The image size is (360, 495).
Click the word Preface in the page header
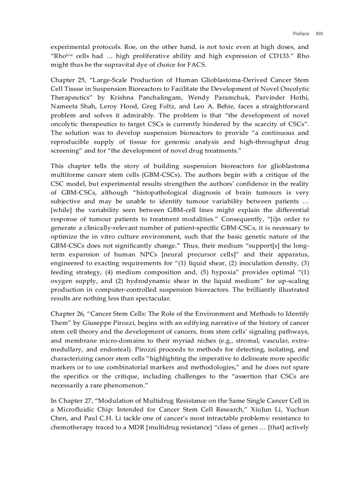[x=301, y=33]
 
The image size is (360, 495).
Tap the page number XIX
[x=319, y=33]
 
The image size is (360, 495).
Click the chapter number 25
[x=82, y=80]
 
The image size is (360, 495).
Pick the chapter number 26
[x=82, y=314]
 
